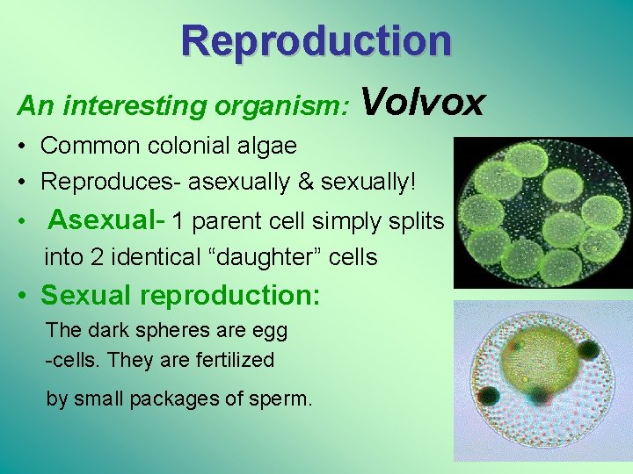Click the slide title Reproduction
(316, 40)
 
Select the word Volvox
(422, 102)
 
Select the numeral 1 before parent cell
(179, 220)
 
